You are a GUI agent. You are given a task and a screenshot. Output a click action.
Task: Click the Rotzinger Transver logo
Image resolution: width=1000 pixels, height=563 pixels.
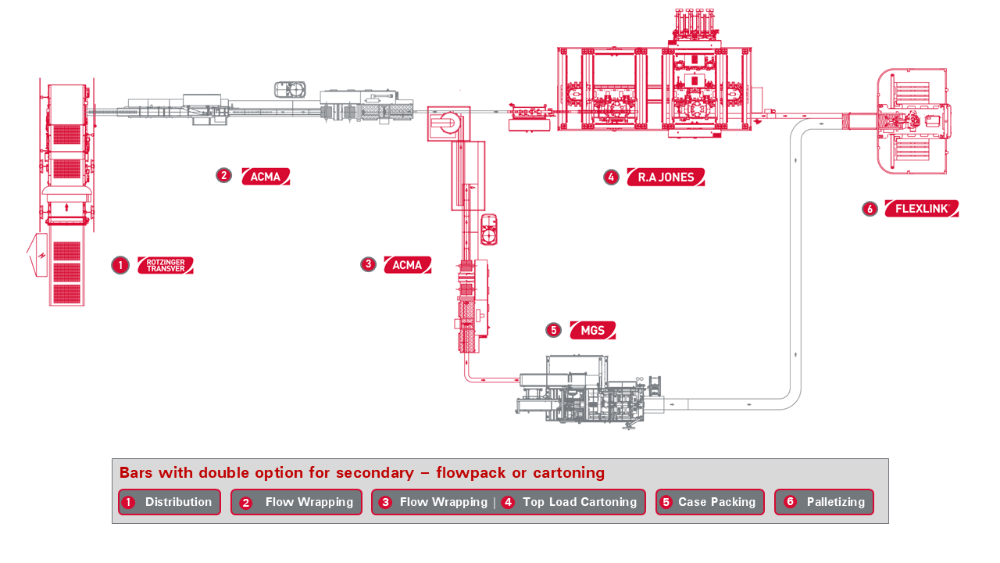click(x=166, y=265)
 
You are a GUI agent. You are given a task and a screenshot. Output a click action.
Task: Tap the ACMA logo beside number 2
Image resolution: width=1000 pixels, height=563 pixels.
click(x=266, y=177)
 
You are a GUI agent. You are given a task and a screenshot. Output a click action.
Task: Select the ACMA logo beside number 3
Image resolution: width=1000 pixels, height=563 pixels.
click(x=407, y=265)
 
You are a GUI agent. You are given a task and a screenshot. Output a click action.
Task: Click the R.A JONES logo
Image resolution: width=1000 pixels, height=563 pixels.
click(x=666, y=178)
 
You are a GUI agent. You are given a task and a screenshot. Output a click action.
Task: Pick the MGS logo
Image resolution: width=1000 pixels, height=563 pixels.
click(x=593, y=331)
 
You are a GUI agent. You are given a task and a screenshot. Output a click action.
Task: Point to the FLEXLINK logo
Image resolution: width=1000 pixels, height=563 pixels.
click(x=922, y=209)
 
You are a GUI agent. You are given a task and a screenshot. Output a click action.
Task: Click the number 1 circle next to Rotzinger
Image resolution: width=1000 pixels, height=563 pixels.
click(x=120, y=265)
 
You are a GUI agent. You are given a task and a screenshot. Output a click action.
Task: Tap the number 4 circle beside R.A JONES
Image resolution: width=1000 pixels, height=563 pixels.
click(x=611, y=178)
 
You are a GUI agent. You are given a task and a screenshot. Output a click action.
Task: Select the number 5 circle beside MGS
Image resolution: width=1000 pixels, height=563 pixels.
click(x=554, y=330)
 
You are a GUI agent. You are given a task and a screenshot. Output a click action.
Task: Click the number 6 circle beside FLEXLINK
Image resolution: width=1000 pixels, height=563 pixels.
click(x=870, y=209)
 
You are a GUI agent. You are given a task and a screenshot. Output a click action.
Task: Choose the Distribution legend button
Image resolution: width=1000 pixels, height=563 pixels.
click(x=170, y=502)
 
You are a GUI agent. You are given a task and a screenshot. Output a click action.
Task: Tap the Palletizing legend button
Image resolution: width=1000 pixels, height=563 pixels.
click(x=824, y=502)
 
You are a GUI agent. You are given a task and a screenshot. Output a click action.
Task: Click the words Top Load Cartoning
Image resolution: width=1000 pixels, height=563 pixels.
click(x=580, y=502)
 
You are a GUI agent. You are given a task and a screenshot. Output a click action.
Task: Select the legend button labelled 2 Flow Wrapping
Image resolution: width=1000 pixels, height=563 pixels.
click(x=297, y=502)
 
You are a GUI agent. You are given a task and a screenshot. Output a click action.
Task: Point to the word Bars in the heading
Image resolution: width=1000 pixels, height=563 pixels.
click(x=136, y=473)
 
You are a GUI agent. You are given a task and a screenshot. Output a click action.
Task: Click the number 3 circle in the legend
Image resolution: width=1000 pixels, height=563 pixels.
click(x=385, y=502)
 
